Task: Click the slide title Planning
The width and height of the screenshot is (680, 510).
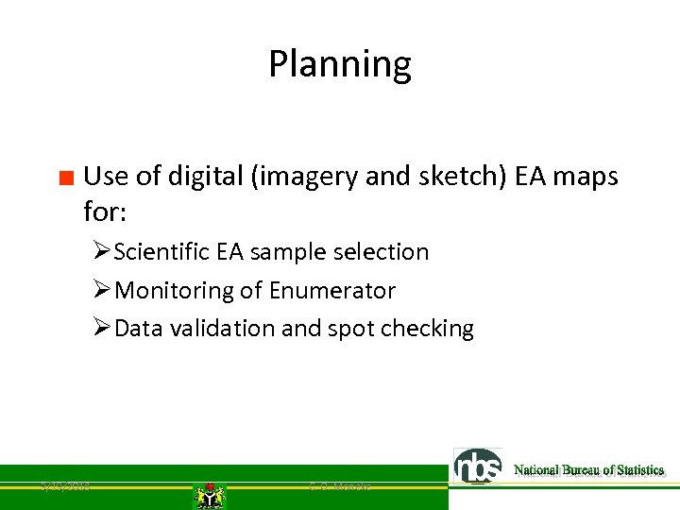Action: click(340, 64)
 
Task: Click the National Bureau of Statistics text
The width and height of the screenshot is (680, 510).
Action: click(588, 469)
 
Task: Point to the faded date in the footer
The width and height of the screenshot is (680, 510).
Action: click(65, 486)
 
